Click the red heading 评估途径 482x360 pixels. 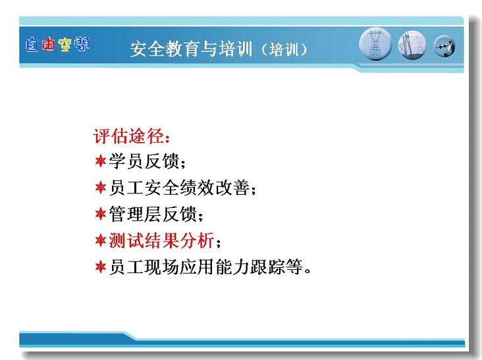point(129,136)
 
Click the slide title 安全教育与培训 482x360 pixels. point(191,49)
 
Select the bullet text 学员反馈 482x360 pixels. point(144,161)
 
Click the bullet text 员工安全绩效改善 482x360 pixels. point(179,188)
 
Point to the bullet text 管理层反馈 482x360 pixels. point(153,214)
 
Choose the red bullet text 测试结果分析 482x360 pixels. point(161,240)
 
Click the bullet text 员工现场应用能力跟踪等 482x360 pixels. point(206,267)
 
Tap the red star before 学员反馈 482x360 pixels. point(101,161)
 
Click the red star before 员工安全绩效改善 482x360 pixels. point(101,187)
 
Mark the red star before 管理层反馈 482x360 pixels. point(101,213)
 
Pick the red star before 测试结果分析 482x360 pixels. point(101,240)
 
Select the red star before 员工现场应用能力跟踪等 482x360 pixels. point(101,267)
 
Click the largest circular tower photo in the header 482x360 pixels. point(375,44)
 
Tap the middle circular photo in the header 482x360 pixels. point(412,45)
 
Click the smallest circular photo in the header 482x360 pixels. point(444,46)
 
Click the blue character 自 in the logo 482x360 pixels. point(32,45)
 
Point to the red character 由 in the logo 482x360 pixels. point(48,44)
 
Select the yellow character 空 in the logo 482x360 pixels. point(65,45)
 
